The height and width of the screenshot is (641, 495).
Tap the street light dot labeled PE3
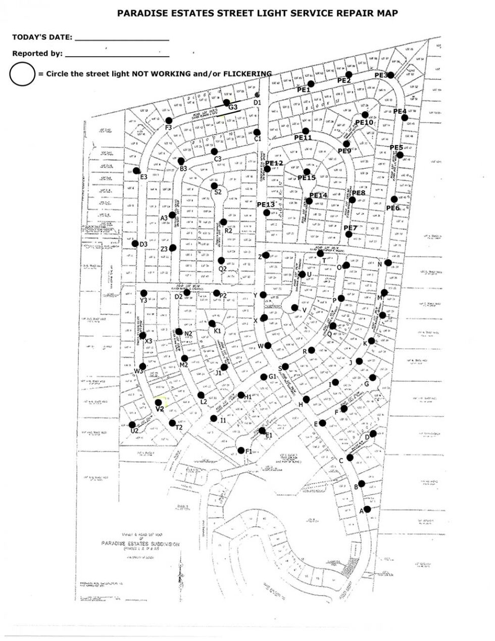(391, 75)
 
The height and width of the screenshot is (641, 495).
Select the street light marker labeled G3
(227, 102)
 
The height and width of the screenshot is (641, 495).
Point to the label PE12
(274, 163)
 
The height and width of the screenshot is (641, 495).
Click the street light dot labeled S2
(214, 186)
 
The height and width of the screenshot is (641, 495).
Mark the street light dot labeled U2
(132, 425)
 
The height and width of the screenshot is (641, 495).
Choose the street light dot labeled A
(367, 509)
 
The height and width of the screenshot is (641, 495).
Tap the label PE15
(307, 178)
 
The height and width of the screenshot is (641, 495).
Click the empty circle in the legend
(22, 74)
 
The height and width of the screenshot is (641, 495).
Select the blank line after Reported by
(117, 55)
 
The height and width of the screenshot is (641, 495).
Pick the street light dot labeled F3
(169, 120)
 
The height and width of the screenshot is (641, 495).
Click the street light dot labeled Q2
(221, 261)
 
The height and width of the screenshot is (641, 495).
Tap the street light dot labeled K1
(212, 324)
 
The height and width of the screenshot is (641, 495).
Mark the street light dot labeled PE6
(394, 199)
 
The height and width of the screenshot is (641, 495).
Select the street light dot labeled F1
(241, 450)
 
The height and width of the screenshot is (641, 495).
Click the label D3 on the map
(143, 245)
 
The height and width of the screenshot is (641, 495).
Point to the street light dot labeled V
(294, 307)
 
